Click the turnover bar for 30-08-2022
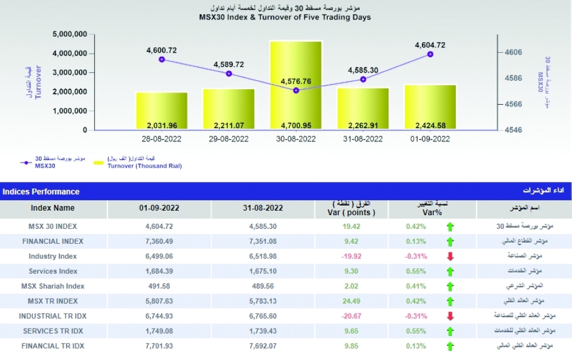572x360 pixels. (x=296, y=86)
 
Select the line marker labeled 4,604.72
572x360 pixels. (x=430, y=54)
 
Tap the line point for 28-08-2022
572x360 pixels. (x=162, y=60)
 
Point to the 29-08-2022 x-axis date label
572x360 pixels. (x=229, y=139)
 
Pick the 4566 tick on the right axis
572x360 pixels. (x=513, y=104)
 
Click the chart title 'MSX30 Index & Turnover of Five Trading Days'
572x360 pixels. (x=284, y=18)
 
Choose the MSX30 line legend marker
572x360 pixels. (x=25, y=163)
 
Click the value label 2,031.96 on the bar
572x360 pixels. (x=162, y=126)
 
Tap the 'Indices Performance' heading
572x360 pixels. (x=41, y=192)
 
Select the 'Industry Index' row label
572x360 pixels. (x=53, y=256)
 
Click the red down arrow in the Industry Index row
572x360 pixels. (x=450, y=256)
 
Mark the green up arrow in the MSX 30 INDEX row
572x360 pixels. (x=450, y=227)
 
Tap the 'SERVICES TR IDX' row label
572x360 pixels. (x=53, y=331)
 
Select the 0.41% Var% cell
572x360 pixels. (x=416, y=286)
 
